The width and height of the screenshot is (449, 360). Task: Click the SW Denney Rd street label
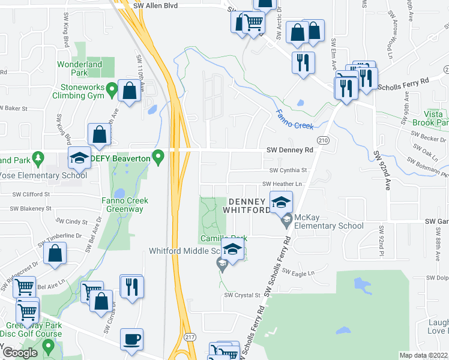click(x=290, y=150)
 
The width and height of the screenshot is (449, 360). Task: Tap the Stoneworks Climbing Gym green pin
click(x=111, y=91)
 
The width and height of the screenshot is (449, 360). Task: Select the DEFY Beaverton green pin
click(x=158, y=158)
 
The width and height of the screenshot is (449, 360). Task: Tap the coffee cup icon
click(x=132, y=338)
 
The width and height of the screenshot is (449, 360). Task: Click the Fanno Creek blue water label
click(x=295, y=120)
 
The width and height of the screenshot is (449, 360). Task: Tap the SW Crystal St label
click(x=243, y=295)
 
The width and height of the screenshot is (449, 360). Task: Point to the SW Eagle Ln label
click(x=298, y=273)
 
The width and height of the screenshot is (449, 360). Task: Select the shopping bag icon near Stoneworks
click(x=129, y=91)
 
